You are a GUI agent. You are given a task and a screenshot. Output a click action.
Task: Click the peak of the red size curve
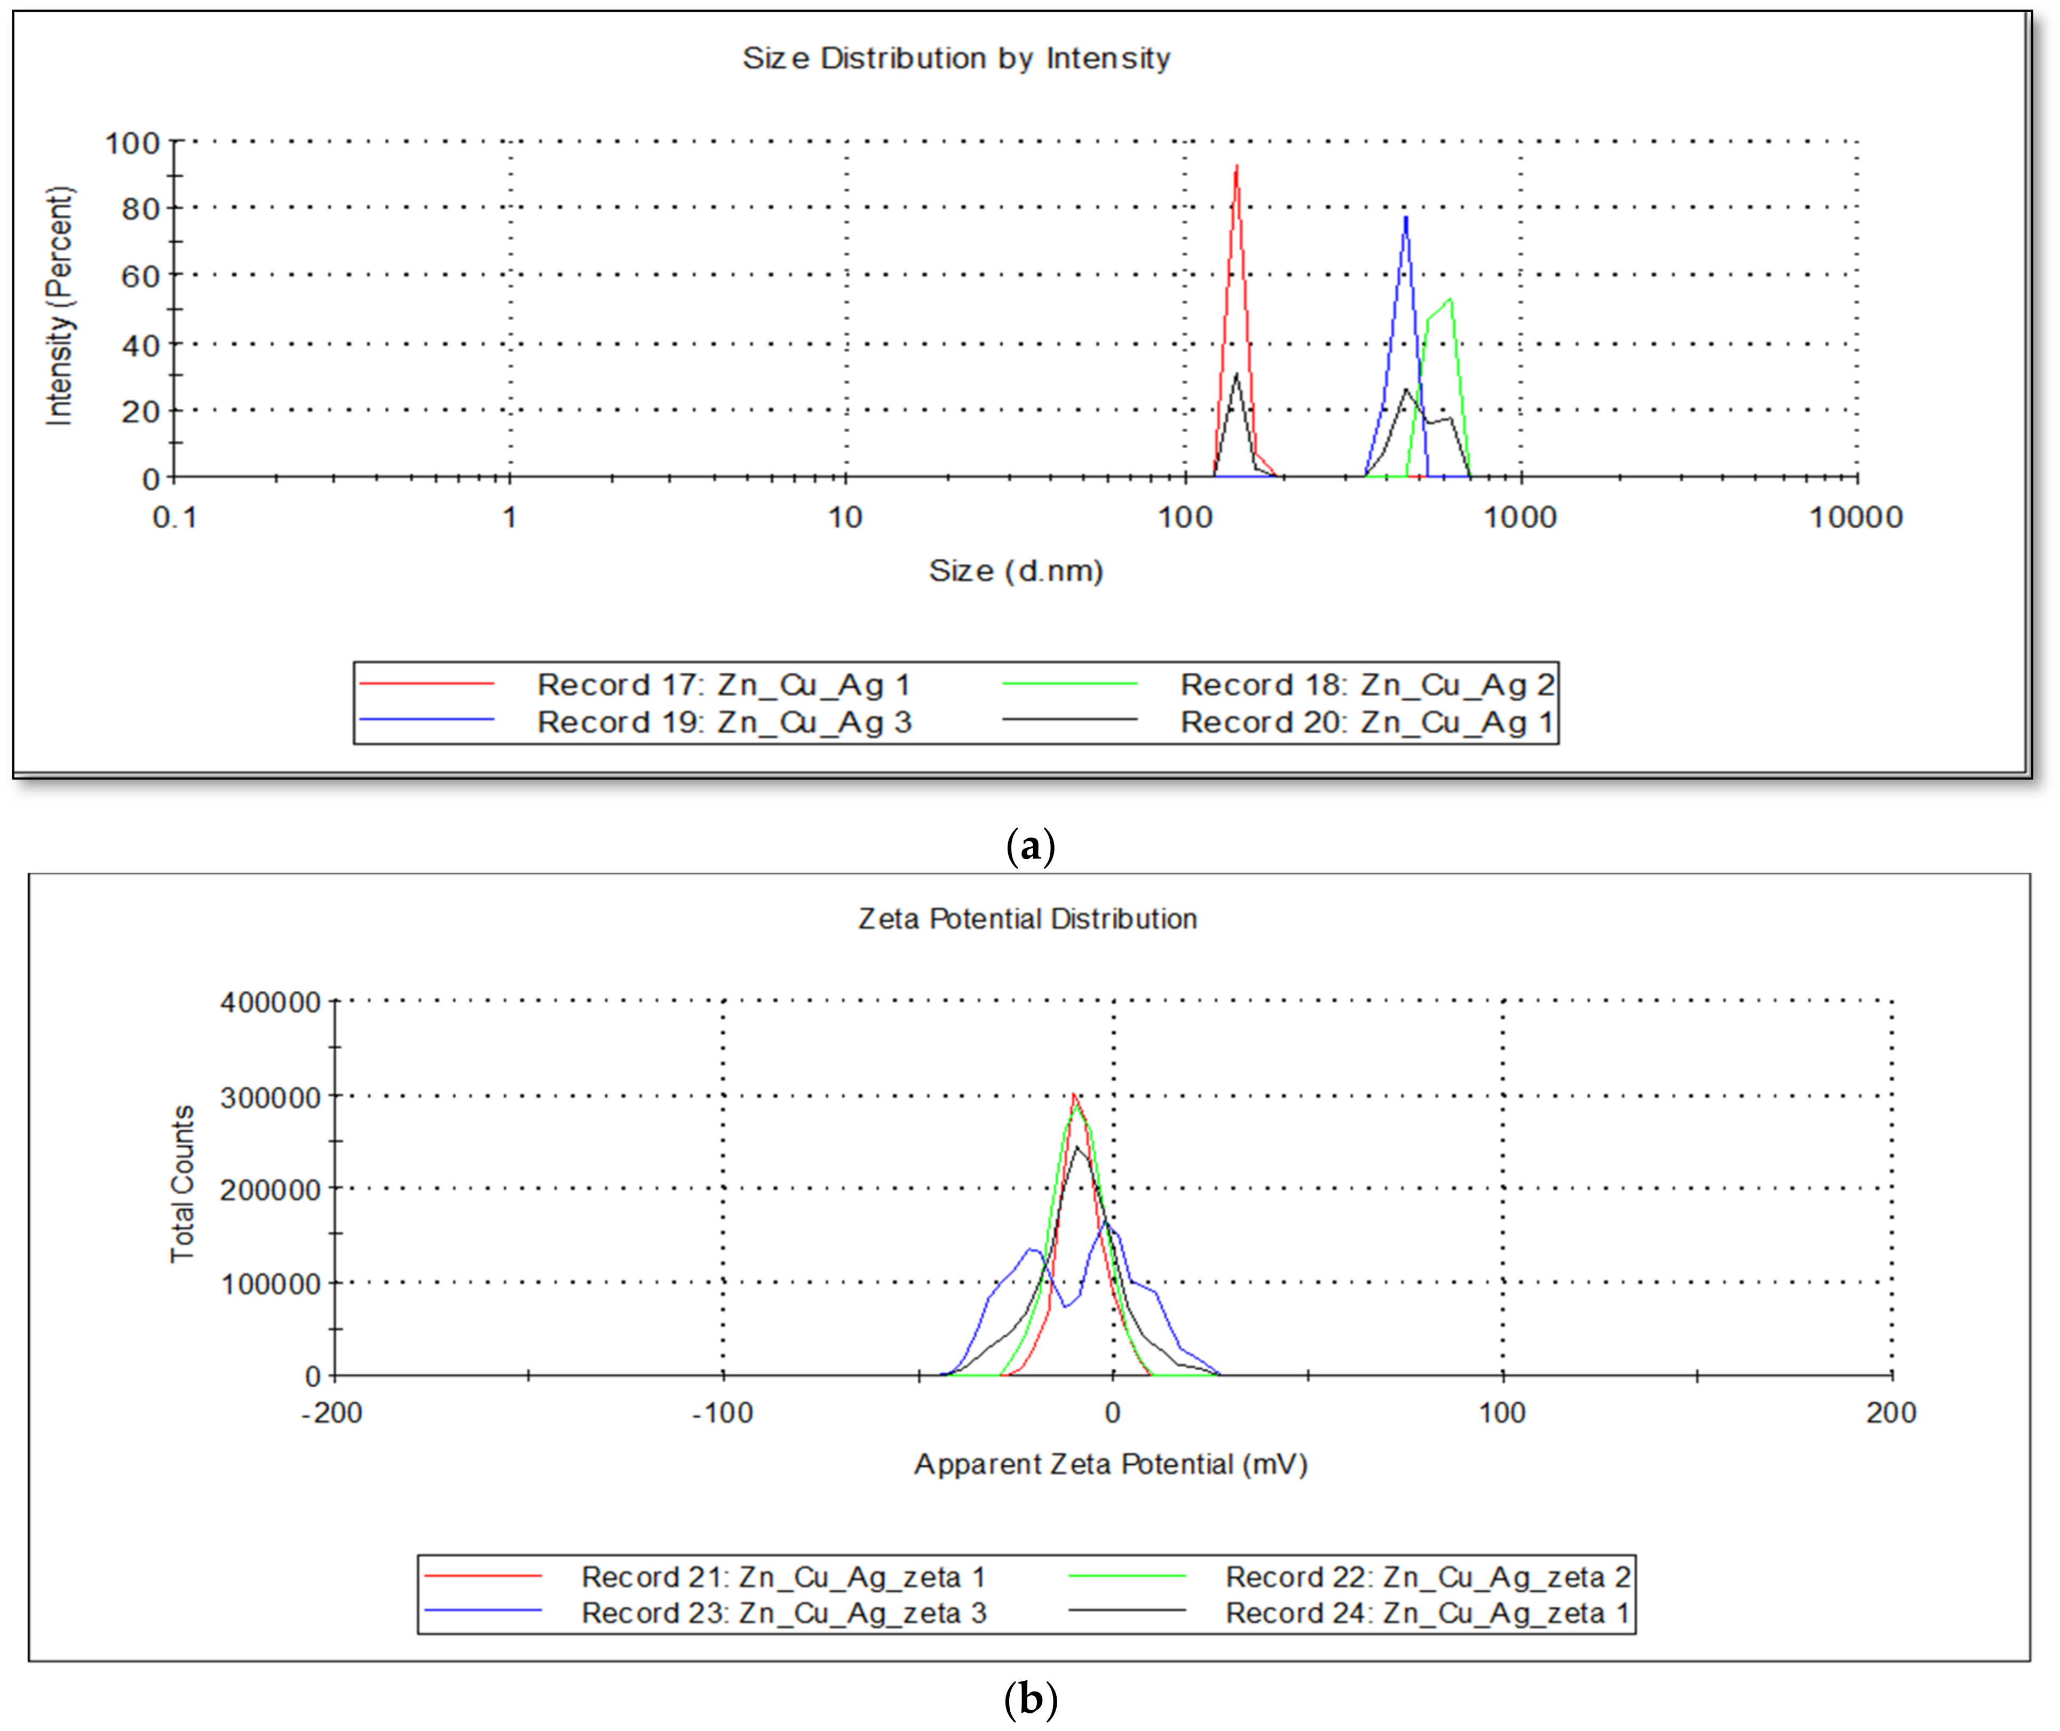(x=1237, y=167)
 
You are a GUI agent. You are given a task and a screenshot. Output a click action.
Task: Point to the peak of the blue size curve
(x=1405, y=218)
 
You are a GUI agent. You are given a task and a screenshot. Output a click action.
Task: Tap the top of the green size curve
(x=1449, y=300)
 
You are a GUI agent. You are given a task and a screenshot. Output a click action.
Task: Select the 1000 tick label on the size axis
(x=1519, y=517)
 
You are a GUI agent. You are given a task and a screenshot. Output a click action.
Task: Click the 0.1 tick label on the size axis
(x=175, y=517)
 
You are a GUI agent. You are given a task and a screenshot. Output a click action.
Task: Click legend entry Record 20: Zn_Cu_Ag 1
(x=1366, y=722)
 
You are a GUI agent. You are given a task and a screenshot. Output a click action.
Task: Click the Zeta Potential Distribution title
(x=1027, y=918)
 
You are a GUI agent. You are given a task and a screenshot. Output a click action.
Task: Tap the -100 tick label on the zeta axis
(x=722, y=1413)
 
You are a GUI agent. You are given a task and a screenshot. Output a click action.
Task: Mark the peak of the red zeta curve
(x=1074, y=1095)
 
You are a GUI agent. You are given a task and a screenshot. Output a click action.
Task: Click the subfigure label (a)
(x=1031, y=845)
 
